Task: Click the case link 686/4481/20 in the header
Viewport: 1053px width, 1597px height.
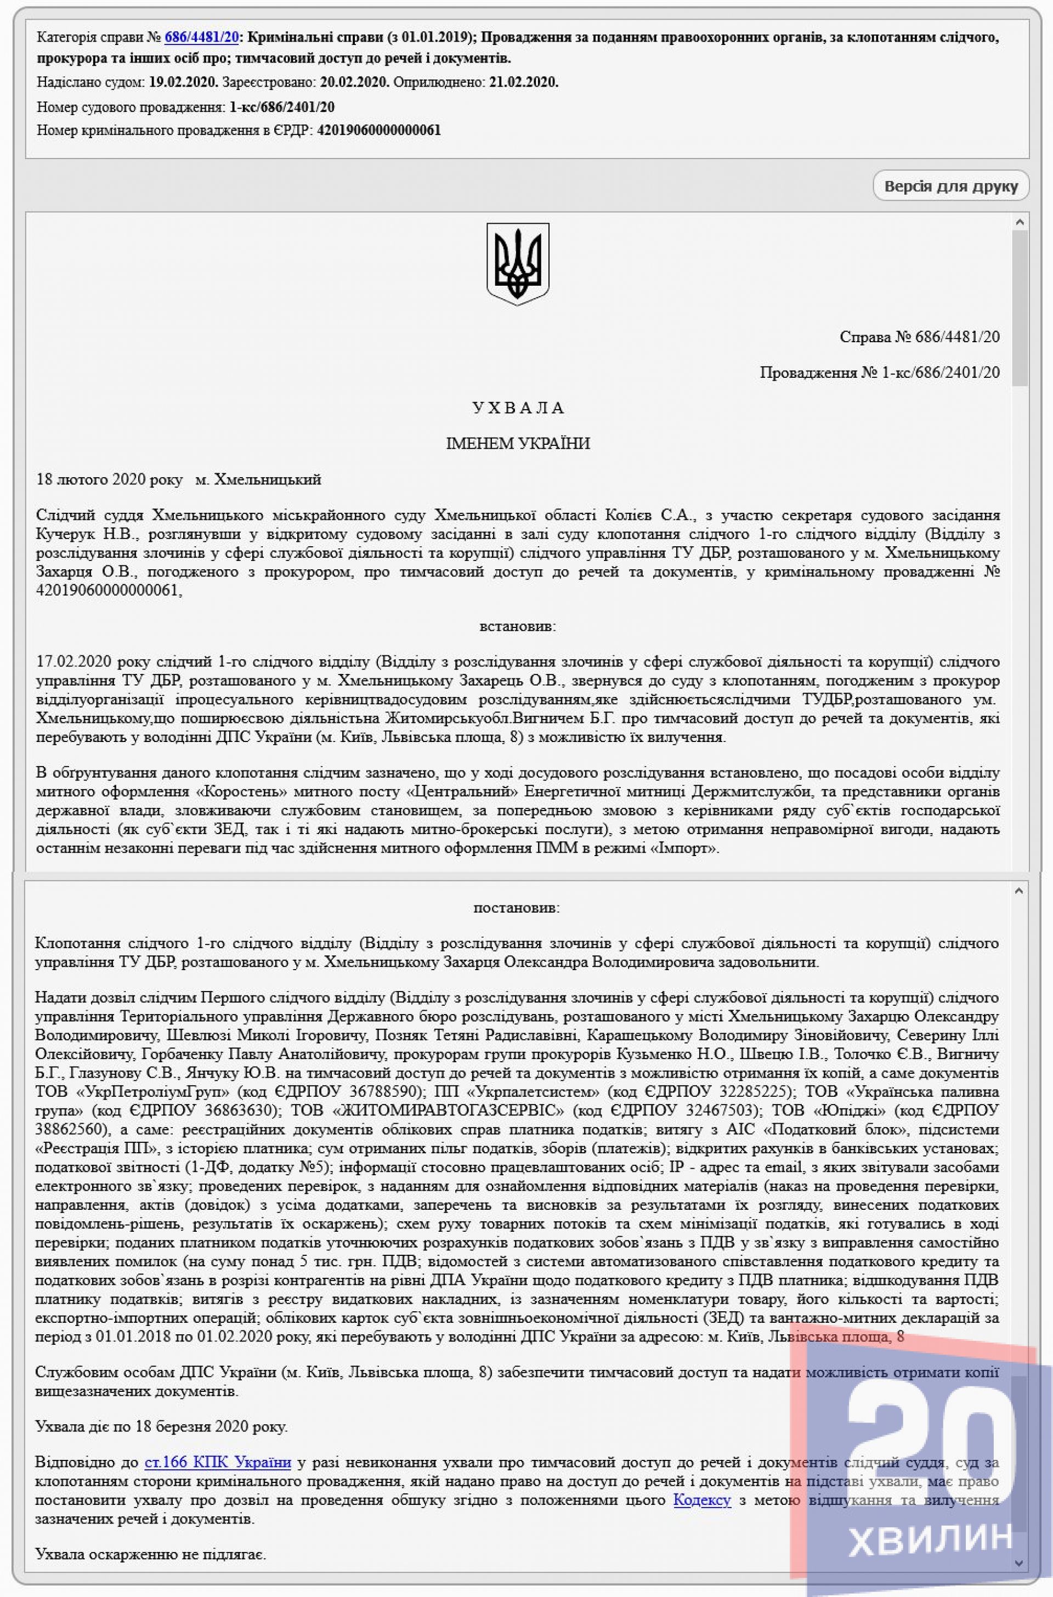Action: tap(201, 38)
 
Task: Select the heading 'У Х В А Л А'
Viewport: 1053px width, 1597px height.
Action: tap(518, 407)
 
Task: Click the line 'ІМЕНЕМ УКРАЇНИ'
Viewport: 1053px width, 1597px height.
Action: tap(518, 443)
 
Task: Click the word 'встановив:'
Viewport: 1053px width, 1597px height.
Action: tap(518, 627)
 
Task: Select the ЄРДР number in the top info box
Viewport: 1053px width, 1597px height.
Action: tap(379, 131)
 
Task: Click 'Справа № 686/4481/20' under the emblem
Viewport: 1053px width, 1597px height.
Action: tap(919, 337)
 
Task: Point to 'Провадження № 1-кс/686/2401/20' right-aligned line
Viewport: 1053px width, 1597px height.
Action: tap(879, 372)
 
